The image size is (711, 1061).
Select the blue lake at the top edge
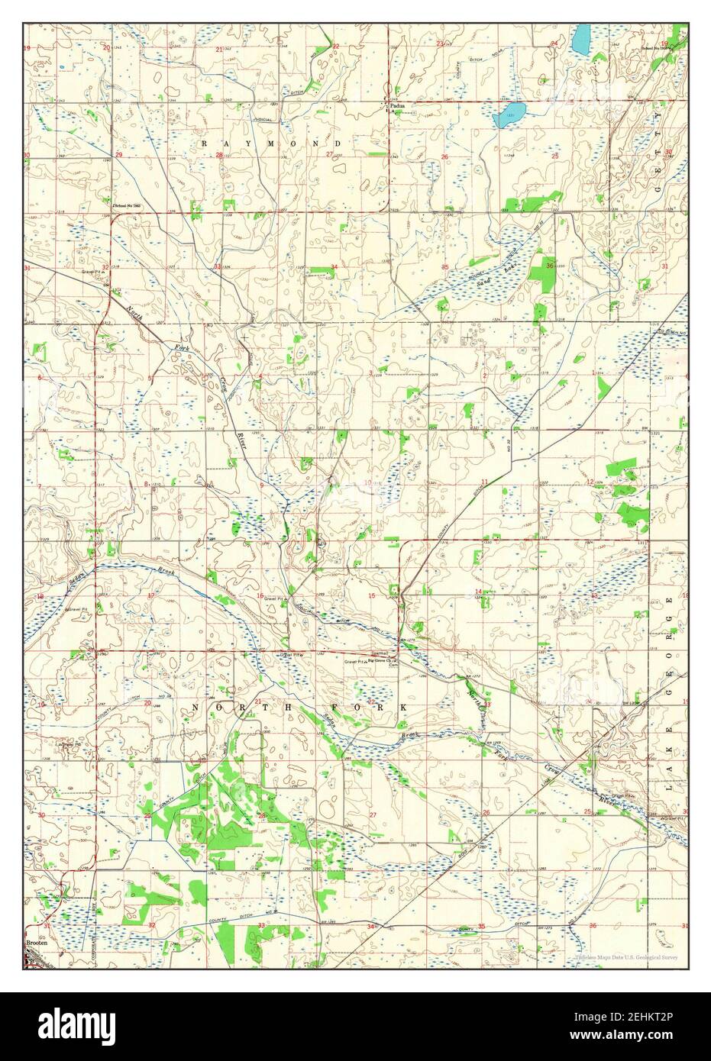tap(582, 37)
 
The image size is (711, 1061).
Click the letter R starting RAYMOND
tap(205, 143)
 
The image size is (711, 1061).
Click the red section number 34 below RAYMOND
tap(334, 266)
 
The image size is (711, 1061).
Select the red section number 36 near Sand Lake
tap(550, 265)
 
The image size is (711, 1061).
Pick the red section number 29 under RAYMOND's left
tap(119, 155)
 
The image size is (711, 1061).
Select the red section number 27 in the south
tap(373, 816)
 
